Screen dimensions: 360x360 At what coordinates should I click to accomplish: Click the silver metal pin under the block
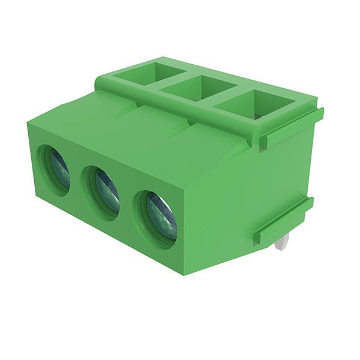pyautogui.click(x=282, y=241)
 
